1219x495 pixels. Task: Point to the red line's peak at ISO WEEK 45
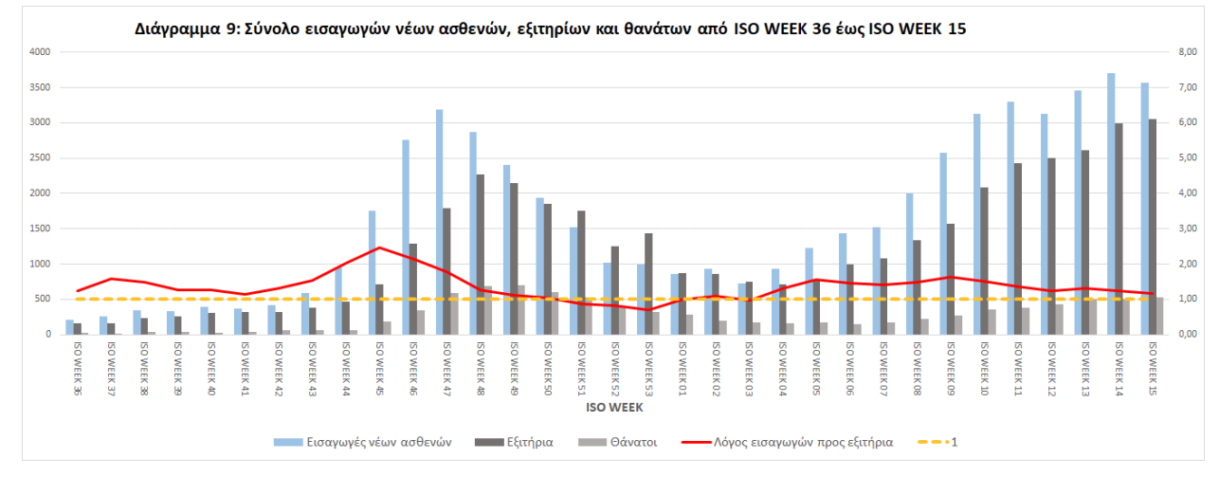tap(379, 247)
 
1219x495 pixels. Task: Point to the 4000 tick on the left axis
tap(39, 52)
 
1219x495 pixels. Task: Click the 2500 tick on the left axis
tap(39, 157)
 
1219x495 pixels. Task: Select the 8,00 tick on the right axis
tap(1188, 52)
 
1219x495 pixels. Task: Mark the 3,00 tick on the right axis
tap(1188, 229)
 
